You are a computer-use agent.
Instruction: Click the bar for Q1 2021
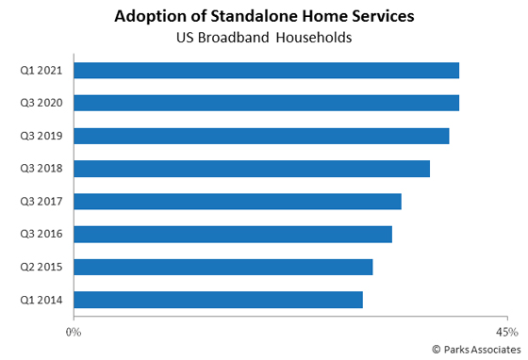[x=266, y=71]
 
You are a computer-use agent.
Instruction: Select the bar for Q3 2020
[x=266, y=103]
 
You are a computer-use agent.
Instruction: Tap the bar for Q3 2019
[x=261, y=136]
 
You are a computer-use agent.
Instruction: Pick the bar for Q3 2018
[x=252, y=169]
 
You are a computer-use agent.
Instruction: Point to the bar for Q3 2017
[x=238, y=202]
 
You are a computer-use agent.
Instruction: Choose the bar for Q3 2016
[x=233, y=234]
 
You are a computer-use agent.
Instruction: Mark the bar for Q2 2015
[x=223, y=267]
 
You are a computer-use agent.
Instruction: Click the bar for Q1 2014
[x=218, y=300]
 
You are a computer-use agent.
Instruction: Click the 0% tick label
[x=74, y=332]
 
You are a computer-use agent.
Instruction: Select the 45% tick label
[x=506, y=332]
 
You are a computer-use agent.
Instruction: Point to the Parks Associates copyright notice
[x=475, y=349]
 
